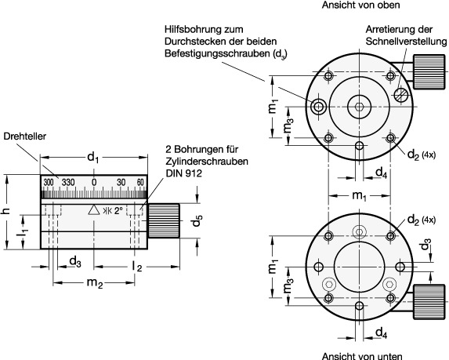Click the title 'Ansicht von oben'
click(360, 5)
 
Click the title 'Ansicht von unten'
click(362, 356)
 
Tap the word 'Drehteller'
click(24, 136)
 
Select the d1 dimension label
click(92, 158)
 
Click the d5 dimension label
click(197, 220)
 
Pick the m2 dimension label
click(95, 283)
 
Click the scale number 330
click(68, 182)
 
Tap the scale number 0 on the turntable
click(94, 182)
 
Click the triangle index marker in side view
click(94, 210)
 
